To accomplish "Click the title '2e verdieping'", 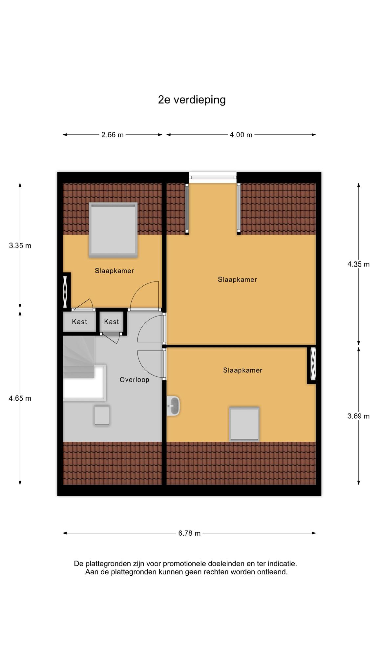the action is [192, 100].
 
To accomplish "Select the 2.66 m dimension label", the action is [113, 135].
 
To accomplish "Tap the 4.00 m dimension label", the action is [241, 135].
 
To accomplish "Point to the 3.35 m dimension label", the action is [20, 245].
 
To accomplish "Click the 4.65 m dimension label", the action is [20, 398].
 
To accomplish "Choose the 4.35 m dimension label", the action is [359, 264].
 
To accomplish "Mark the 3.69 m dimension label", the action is [359, 416].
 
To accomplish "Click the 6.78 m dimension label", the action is [189, 533].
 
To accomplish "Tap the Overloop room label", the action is [135, 380].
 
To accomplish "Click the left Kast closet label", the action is [79, 322].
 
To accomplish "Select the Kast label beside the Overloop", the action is [112, 322].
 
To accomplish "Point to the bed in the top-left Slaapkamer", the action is [113, 229].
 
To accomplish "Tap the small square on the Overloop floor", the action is [102, 415].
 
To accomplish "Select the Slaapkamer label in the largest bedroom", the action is [238, 279].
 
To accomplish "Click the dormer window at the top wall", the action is [213, 177].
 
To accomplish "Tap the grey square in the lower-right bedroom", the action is [244, 424].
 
